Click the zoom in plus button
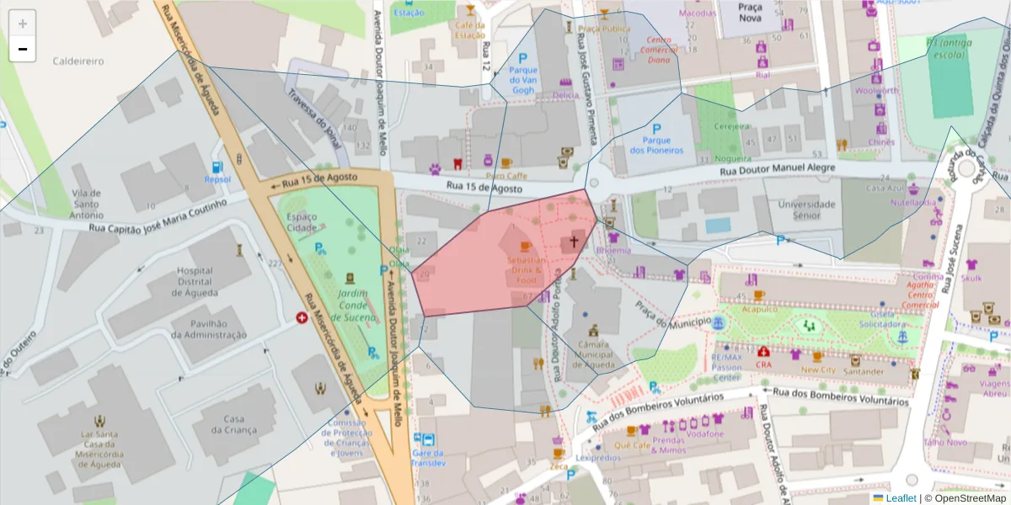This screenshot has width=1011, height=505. [23, 24]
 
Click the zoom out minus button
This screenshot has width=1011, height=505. [23, 50]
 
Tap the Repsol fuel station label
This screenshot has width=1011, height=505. [217, 179]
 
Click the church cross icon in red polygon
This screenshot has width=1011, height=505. [574, 242]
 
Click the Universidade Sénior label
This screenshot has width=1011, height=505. [806, 210]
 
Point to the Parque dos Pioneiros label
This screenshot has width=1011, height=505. [656, 145]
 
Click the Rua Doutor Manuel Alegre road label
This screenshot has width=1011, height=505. [777, 169]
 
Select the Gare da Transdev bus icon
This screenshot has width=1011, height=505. [427, 440]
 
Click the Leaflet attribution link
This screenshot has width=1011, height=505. [901, 498]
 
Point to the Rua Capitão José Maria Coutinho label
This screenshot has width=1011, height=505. [158, 215]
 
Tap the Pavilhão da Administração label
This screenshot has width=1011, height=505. [209, 329]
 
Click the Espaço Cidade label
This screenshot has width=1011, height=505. [301, 222]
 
